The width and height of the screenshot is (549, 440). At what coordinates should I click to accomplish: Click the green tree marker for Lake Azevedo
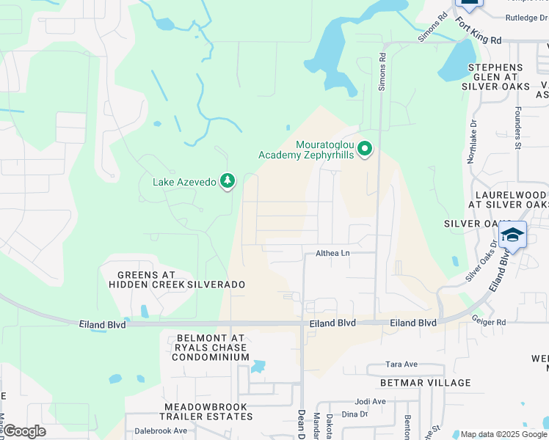click(x=228, y=180)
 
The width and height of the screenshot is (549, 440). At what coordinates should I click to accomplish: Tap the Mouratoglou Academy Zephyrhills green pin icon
click(x=365, y=150)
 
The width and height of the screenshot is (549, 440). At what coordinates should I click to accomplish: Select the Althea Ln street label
click(x=332, y=253)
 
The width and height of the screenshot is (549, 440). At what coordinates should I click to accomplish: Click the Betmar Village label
click(x=425, y=383)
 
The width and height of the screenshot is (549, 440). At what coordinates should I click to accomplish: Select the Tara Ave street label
click(x=401, y=364)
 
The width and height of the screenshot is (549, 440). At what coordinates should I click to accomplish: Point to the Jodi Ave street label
click(x=370, y=401)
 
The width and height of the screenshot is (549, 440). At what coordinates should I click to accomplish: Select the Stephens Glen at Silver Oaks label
click(x=494, y=76)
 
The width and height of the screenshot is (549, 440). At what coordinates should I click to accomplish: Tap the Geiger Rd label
click(x=490, y=322)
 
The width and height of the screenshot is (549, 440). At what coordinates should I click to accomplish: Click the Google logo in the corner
click(x=24, y=431)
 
